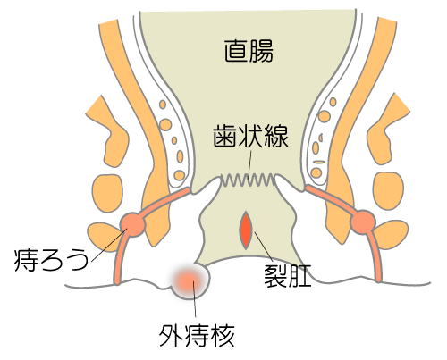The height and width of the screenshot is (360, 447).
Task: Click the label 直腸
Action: click(249, 51)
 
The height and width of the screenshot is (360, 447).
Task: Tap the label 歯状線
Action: click(250, 136)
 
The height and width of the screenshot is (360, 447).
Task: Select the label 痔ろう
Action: click(51, 260)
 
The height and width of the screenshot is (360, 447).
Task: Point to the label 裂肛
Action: click(288, 275)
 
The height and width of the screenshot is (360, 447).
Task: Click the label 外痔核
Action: click(197, 335)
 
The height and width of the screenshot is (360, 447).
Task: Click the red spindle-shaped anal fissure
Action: click(246, 230)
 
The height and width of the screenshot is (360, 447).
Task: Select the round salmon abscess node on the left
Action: click(132, 224)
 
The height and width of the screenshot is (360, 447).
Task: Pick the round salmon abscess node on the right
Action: click(363, 222)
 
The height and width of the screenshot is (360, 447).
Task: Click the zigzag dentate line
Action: click(248, 180)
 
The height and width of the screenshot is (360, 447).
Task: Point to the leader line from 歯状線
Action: click(249, 164)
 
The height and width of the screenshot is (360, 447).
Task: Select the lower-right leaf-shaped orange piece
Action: click(392, 235)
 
